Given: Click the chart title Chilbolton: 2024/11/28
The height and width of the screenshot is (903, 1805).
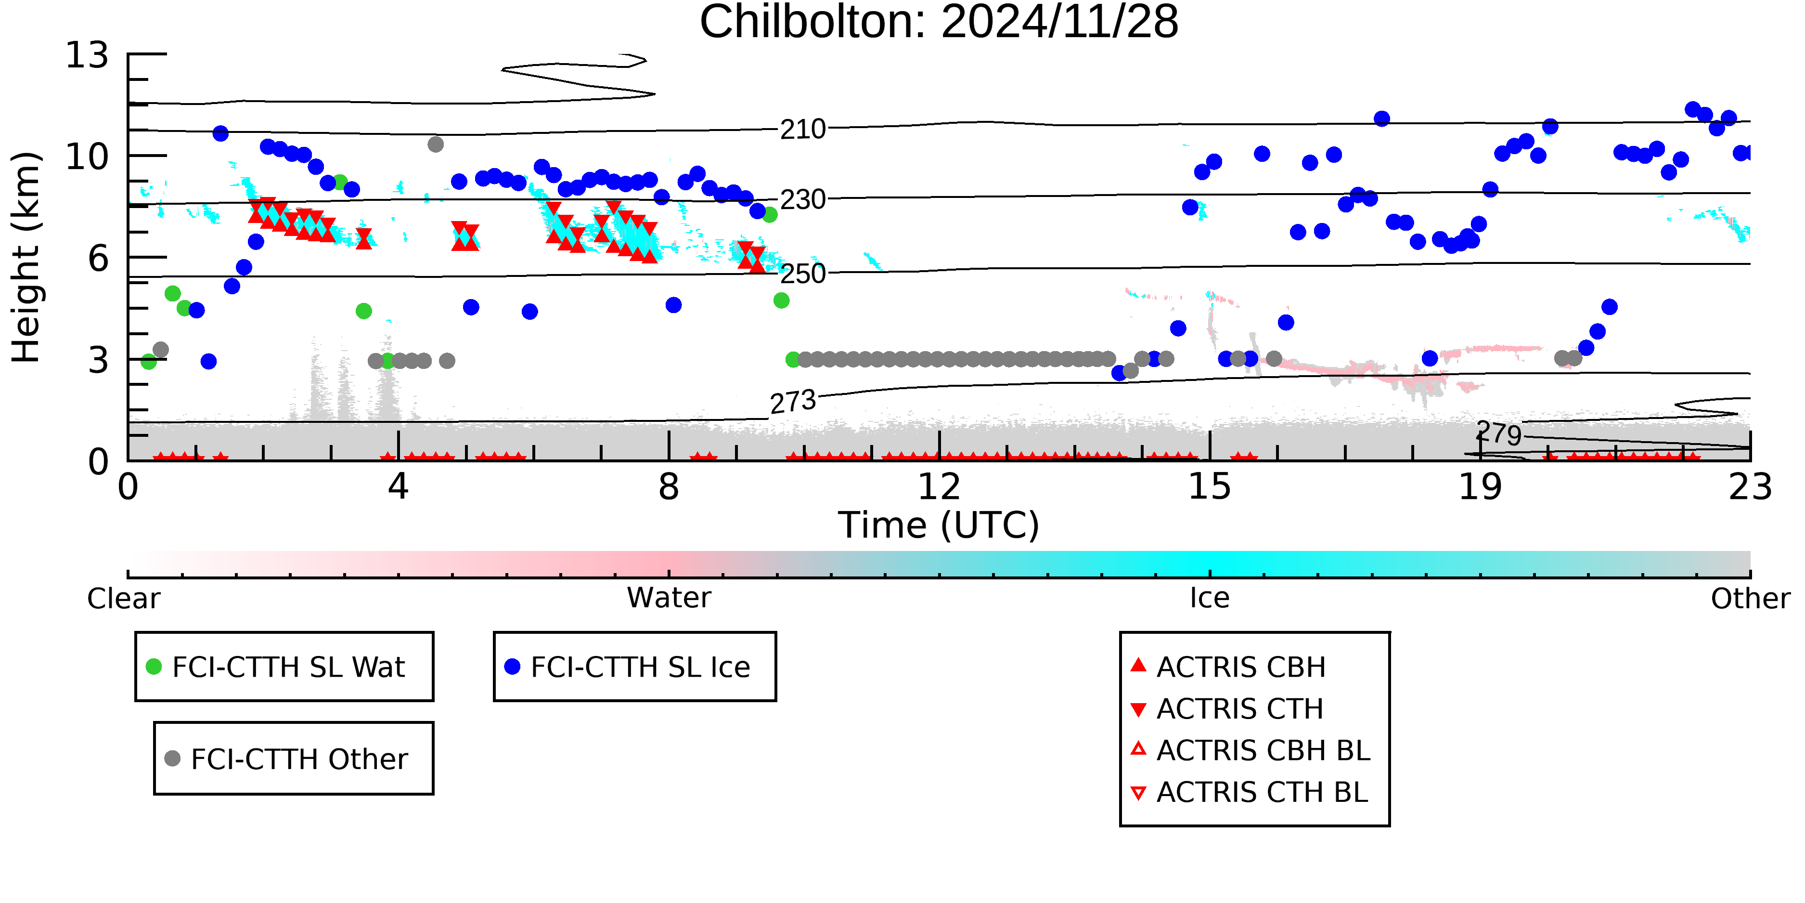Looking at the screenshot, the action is [939, 23].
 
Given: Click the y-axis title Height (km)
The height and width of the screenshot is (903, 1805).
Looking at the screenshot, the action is [26, 257].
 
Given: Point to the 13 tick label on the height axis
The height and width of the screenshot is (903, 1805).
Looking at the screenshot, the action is [87, 55].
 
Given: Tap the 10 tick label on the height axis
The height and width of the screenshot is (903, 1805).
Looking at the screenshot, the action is [87, 157].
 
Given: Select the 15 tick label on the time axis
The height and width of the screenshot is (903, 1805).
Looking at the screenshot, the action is [1210, 486].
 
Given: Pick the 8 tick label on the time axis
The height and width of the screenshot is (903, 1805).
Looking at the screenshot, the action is [669, 486].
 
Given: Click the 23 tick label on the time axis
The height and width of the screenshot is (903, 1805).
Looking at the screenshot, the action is [1750, 486].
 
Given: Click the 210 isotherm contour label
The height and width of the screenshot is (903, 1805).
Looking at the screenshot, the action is [803, 130].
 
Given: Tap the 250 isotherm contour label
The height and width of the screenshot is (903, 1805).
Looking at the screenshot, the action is [803, 274].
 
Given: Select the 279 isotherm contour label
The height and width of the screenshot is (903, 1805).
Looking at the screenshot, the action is [1499, 433].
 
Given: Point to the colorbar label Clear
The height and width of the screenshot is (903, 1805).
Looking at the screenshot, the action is [123, 599].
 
